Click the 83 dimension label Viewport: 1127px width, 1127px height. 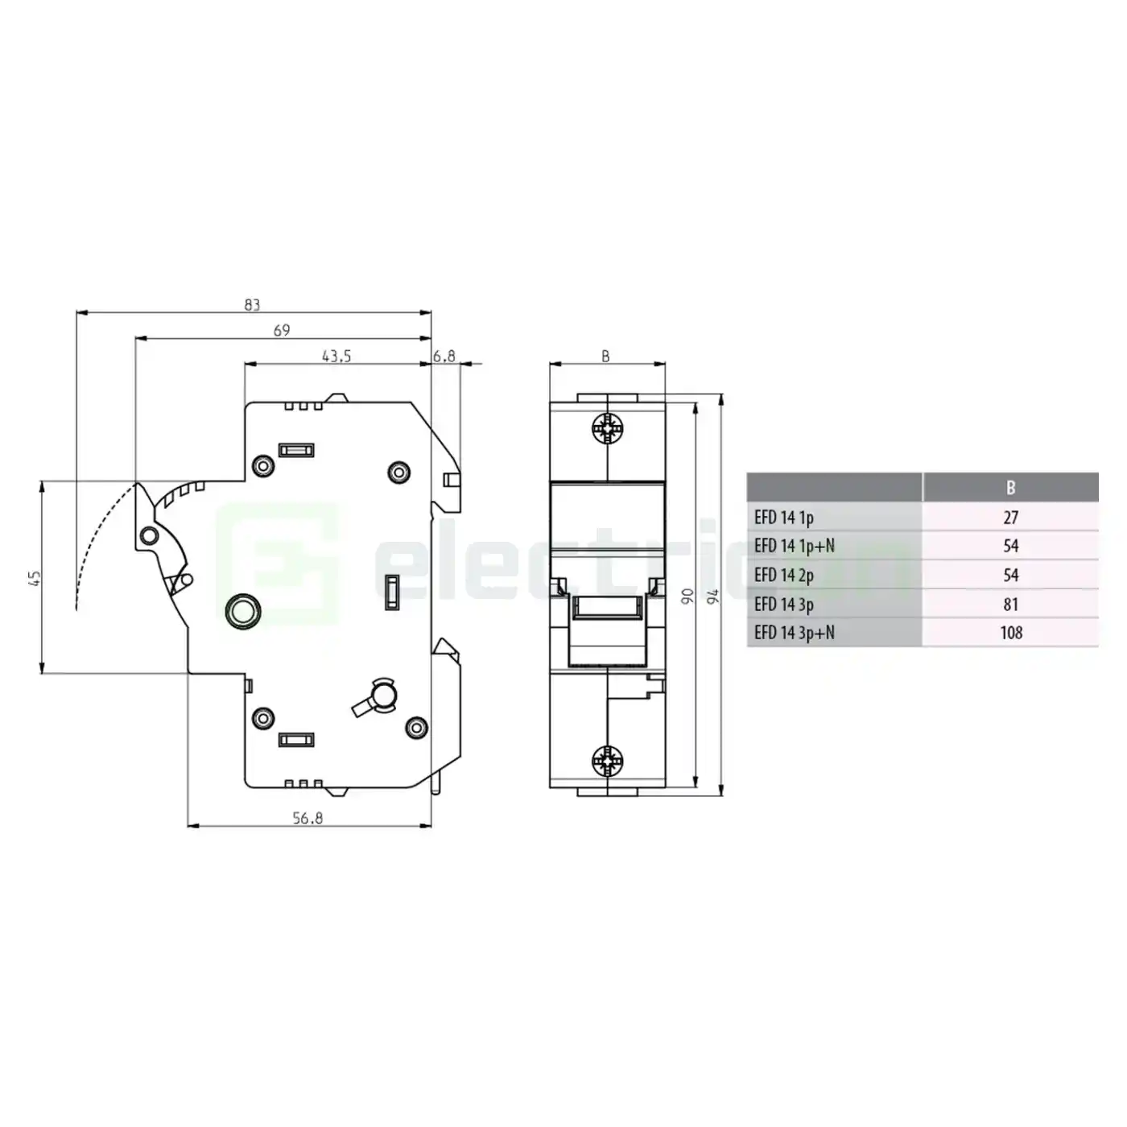[x=252, y=305]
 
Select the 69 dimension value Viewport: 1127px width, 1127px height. [x=282, y=330]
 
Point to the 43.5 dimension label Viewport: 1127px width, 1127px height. [x=336, y=356]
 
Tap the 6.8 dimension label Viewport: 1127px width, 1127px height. [x=444, y=356]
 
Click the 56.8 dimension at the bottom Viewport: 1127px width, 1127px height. [x=308, y=818]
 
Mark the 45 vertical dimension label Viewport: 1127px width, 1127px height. [x=35, y=577]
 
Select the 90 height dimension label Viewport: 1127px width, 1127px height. [x=687, y=597]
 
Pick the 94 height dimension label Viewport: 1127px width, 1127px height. [x=712, y=597]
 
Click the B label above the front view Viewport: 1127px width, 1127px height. [x=606, y=357]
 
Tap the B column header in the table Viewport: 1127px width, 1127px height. [x=1010, y=487]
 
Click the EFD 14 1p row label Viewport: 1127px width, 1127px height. [x=783, y=517]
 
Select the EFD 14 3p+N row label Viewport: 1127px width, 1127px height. [x=794, y=633]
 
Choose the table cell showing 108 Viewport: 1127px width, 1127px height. [x=1011, y=633]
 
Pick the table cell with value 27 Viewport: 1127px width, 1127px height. [x=1011, y=517]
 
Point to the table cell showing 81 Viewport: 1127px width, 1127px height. [x=1011, y=604]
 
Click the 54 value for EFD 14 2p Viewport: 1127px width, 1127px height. [x=1011, y=575]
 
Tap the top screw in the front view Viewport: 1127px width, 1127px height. [x=607, y=428]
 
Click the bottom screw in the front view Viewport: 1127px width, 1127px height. [x=607, y=759]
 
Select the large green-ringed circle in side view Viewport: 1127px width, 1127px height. [x=242, y=611]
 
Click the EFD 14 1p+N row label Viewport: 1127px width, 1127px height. [x=794, y=546]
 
